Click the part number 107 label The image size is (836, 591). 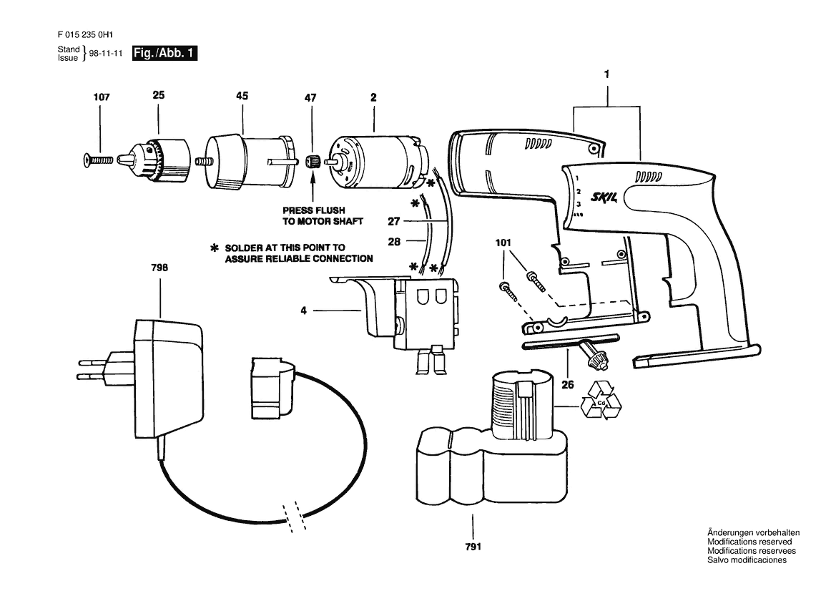[x=102, y=97]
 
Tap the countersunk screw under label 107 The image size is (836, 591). [x=99, y=159]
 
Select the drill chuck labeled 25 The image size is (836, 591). [x=154, y=158]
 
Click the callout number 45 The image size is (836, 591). [x=242, y=96]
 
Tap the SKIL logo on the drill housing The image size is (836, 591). [x=604, y=197]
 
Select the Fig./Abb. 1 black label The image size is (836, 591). [x=164, y=54]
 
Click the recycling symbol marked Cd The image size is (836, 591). [x=601, y=400]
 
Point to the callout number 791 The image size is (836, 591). [x=473, y=546]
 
